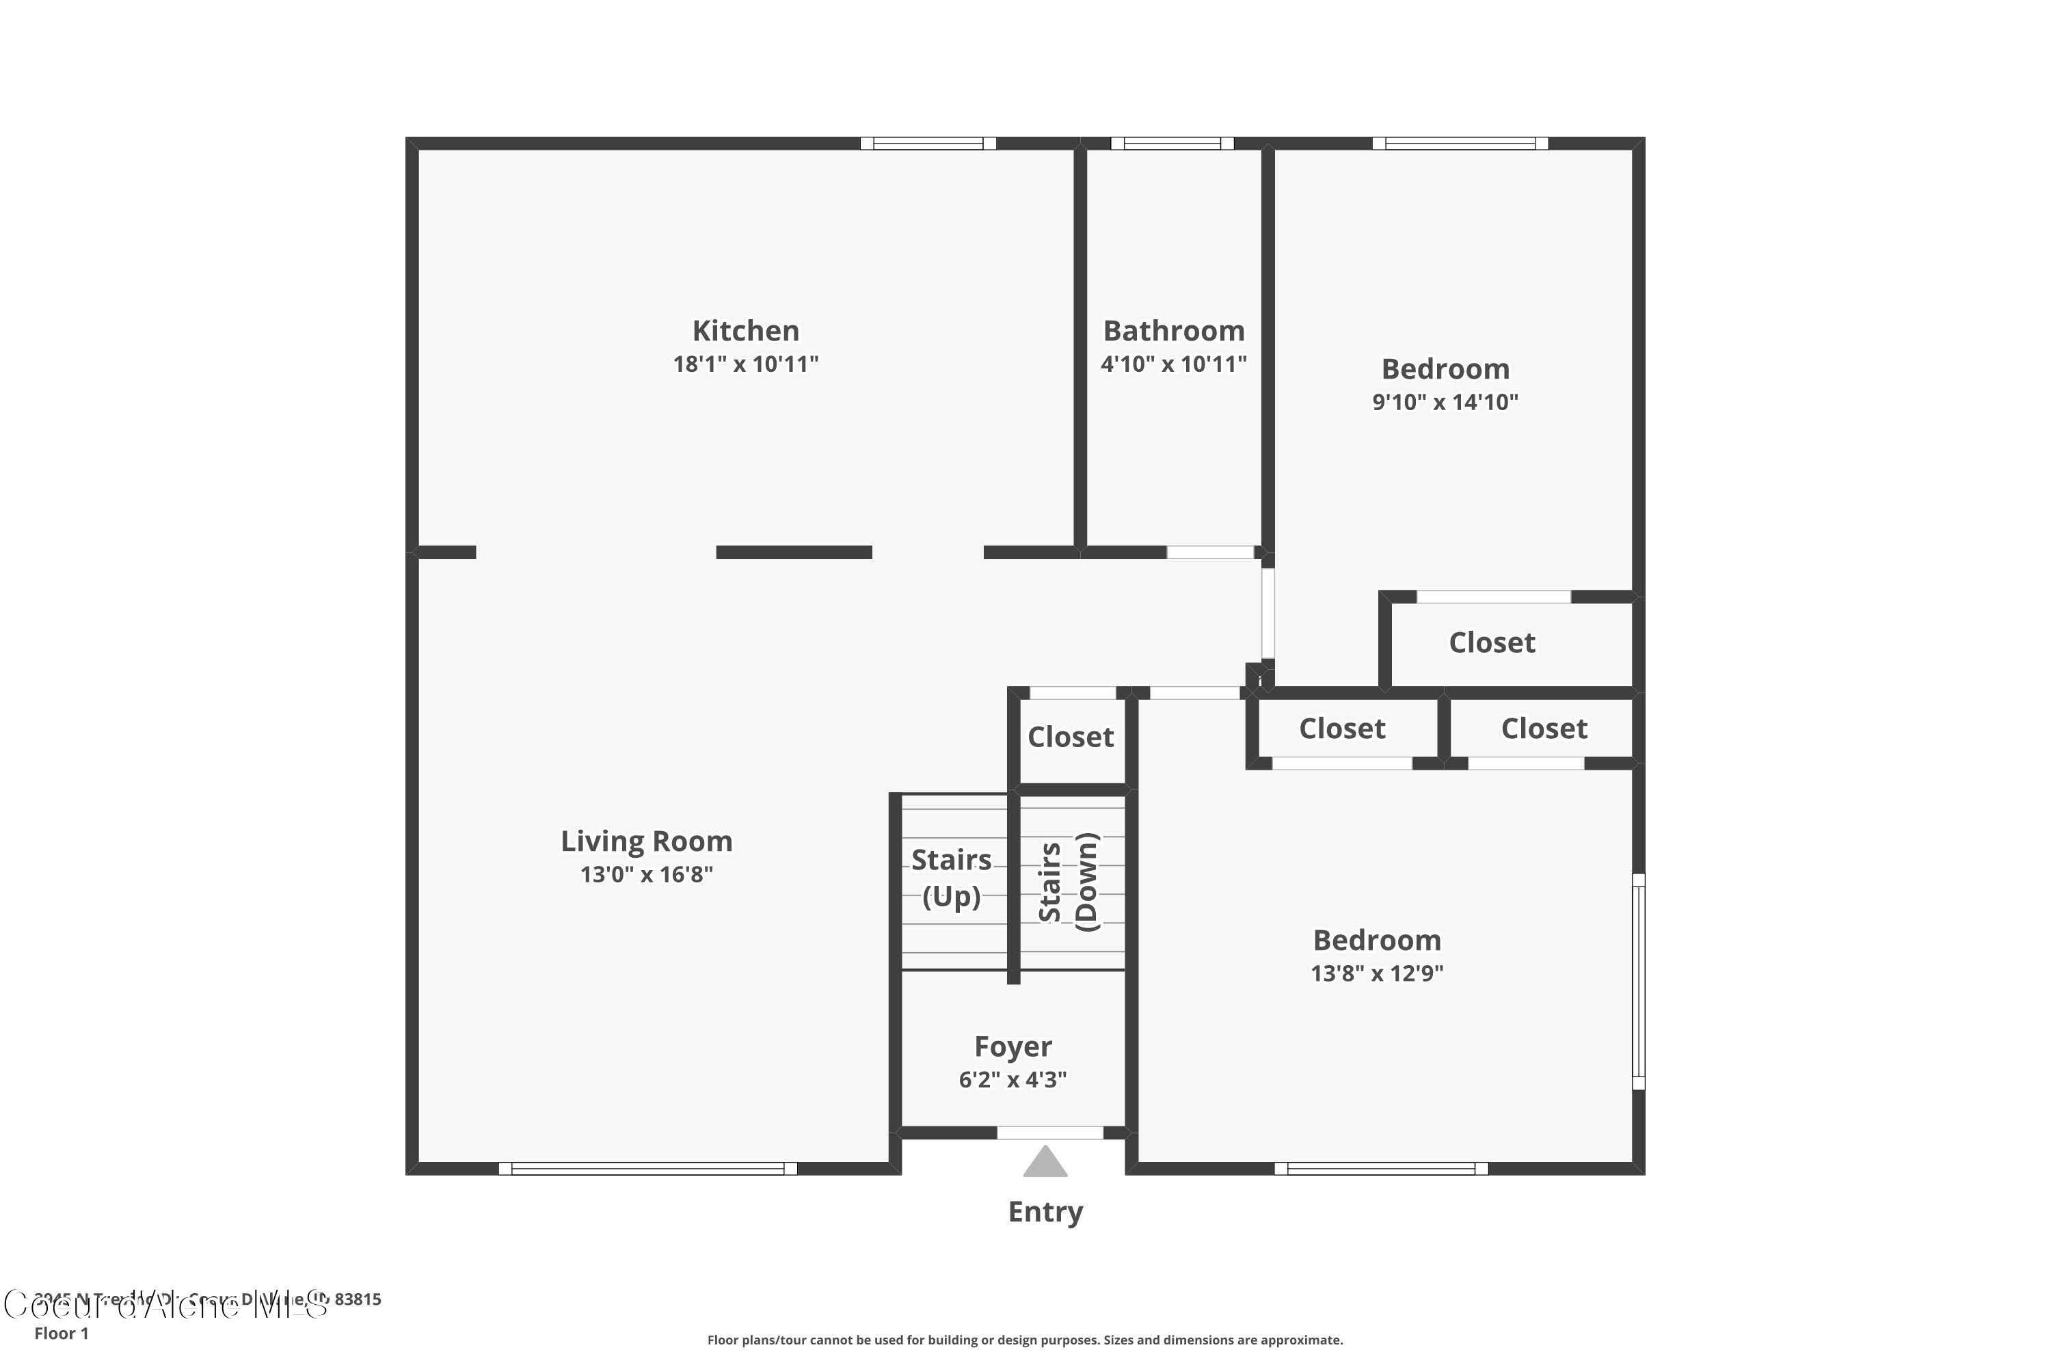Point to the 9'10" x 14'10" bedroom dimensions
1445,402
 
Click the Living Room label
646,841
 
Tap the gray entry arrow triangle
1045,1162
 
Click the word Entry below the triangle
1045,1211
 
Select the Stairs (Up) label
952,878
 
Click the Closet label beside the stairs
1070,737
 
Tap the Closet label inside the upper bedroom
1491,642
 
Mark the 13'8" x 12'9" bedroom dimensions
1377,973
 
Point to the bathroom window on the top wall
1172,143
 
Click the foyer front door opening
1050,1133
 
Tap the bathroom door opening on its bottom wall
1209,552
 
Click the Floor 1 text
61,1333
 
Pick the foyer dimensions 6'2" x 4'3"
1013,1079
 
